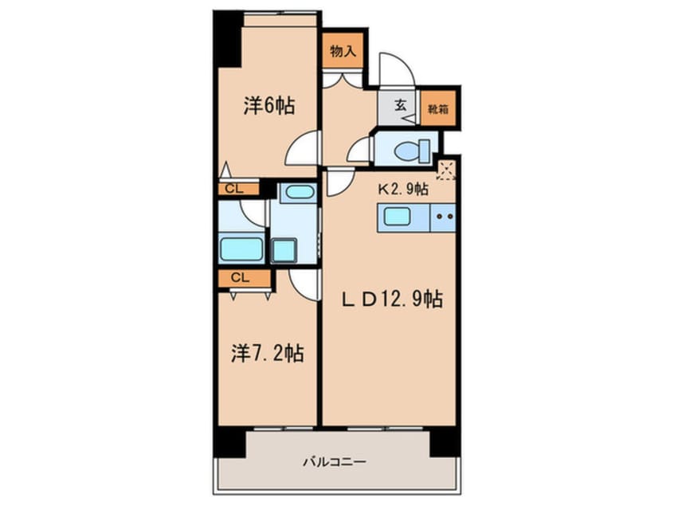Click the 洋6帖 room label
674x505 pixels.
click(x=269, y=106)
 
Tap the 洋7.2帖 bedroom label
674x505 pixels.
click(x=268, y=354)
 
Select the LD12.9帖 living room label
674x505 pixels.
click(x=392, y=299)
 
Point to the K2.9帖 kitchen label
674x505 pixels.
click(x=403, y=189)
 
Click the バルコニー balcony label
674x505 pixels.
click(x=335, y=463)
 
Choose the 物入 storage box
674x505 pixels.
click(x=343, y=51)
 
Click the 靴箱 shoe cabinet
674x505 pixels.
click(x=437, y=108)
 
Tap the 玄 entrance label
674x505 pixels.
click(x=400, y=105)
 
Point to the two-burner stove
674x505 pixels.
click(x=443, y=217)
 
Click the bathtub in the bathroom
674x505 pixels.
click(x=241, y=249)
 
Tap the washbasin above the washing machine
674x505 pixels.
click(x=298, y=192)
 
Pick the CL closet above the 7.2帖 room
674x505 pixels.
click(x=244, y=278)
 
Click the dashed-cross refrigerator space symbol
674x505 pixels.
click(x=446, y=170)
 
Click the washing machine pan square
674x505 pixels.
click(x=284, y=250)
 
